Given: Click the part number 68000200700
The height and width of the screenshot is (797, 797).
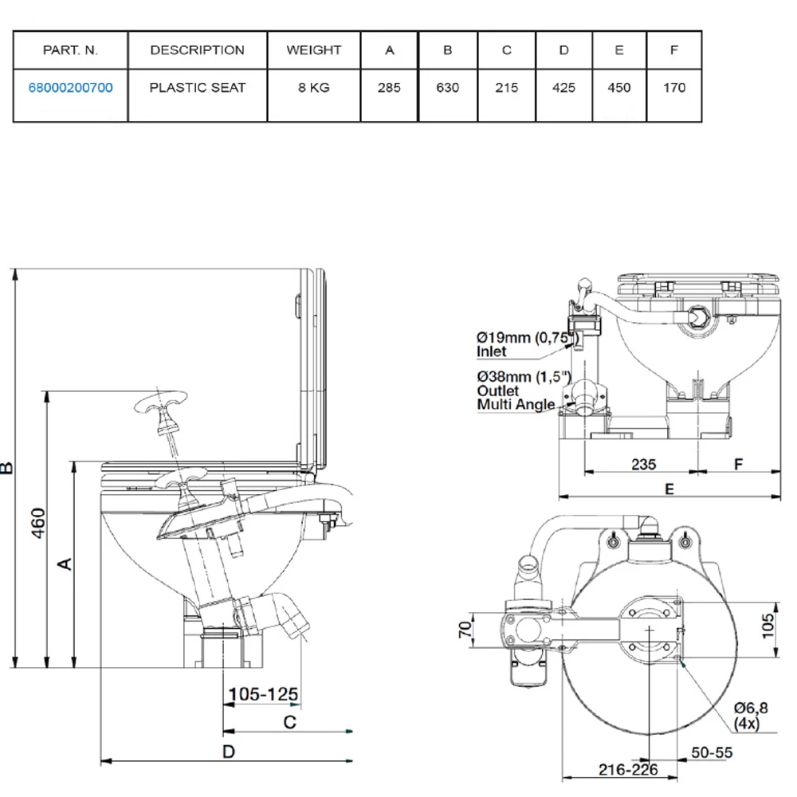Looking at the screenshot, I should (x=70, y=88).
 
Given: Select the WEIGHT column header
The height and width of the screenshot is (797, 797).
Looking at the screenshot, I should (x=314, y=49).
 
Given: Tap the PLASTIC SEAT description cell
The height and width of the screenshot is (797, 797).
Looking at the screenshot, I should (x=198, y=88).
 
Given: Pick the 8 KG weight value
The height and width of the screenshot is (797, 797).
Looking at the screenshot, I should (x=314, y=88).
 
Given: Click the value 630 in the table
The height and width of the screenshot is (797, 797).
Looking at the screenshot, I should (x=448, y=88).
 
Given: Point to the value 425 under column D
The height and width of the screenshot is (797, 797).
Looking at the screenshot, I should (x=563, y=88).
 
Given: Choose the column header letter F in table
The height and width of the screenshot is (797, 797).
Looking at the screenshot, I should (x=674, y=49).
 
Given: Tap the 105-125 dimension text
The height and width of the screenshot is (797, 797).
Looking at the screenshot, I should (x=263, y=695).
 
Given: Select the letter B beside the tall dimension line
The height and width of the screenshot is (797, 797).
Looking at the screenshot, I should (x=7, y=468).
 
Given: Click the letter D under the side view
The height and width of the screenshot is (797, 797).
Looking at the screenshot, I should (x=228, y=751).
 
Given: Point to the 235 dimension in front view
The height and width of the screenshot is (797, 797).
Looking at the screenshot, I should (x=643, y=462).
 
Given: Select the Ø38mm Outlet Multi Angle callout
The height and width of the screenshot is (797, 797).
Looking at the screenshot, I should (x=516, y=391).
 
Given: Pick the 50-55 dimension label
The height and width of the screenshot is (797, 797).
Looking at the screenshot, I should (x=712, y=752).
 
